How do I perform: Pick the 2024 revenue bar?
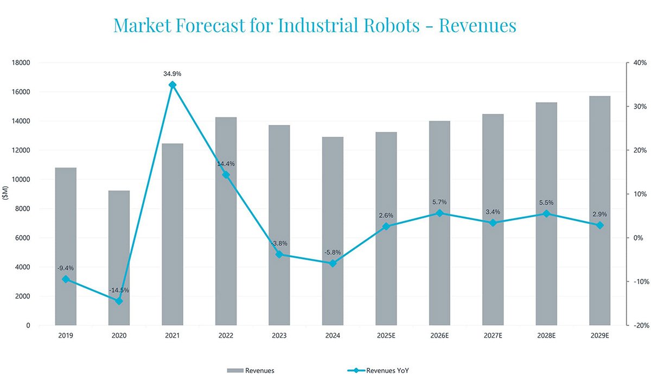[333, 231]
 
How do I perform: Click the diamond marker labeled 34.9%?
[173, 85]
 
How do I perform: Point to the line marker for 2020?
[119, 301]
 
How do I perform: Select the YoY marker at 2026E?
[439, 213]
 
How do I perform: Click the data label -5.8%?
[333, 253]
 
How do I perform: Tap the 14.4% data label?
[226, 163]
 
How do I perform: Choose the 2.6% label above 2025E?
[386, 216]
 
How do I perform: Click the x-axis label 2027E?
[493, 336]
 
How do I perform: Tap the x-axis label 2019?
[65, 336]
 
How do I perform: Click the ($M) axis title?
[6, 193]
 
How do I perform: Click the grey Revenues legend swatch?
[235, 371]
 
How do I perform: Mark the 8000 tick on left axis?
[22, 209]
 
